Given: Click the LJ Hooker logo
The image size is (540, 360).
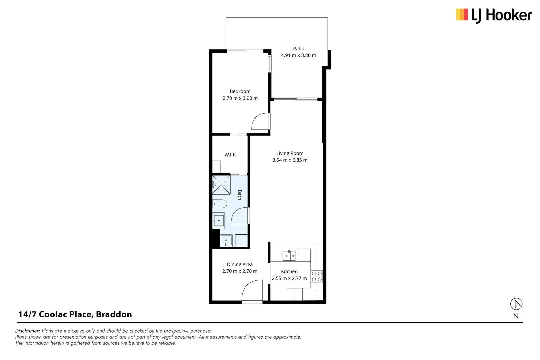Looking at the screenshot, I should [x=494, y=15].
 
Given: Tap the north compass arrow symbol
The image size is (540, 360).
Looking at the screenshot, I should [x=516, y=304].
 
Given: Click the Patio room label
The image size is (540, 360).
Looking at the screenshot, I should [x=298, y=49].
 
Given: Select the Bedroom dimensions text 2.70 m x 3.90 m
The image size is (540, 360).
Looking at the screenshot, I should [x=240, y=98].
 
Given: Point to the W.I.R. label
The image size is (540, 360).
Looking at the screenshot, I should [x=230, y=155].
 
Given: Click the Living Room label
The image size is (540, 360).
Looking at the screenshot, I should [x=290, y=153].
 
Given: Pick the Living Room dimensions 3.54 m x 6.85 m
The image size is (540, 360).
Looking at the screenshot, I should [x=290, y=160].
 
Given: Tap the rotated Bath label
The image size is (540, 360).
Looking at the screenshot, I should [x=239, y=195].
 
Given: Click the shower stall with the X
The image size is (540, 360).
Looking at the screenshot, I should [x=221, y=185].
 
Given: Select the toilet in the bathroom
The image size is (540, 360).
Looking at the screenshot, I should [x=220, y=203].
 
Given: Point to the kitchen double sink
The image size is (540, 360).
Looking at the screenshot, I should [x=289, y=256].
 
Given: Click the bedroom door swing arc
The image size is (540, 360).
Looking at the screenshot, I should [x=260, y=122].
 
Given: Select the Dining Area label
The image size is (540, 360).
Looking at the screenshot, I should [x=240, y=264].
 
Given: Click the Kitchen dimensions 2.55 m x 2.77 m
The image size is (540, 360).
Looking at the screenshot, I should [x=289, y=278].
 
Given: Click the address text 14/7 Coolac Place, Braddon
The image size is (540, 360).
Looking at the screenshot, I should [x=75, y=314].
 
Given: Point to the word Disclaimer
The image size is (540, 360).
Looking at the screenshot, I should [x=27, y=331].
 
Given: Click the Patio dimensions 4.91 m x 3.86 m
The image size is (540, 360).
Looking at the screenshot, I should [x=298, y=55].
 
